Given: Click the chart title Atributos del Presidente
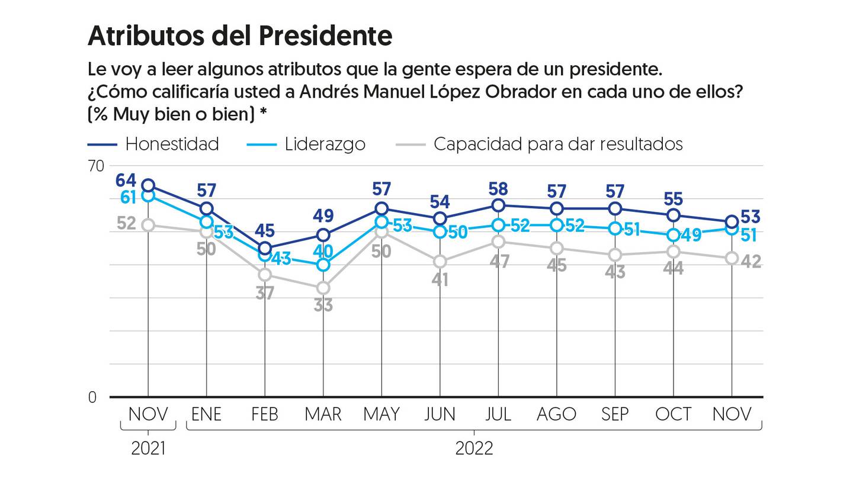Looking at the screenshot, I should pos(240,36).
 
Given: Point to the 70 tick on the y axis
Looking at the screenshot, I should pos(95,166).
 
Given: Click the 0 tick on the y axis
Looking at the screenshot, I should pos(92,397).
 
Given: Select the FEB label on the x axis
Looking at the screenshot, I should pos(264,414).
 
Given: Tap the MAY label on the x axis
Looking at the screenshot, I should pos(381,414).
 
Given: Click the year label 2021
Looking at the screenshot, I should pos(148,449).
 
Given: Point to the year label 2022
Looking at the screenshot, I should pos(474,449).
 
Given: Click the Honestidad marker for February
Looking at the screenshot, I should pos(265,249).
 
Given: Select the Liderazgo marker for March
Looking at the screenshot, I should pos(323,265).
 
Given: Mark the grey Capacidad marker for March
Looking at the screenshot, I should pos(323,288).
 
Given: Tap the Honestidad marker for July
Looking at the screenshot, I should pos(498,205).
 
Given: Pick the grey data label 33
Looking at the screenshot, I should pos(323,305).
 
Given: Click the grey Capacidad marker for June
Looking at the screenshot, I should pos(440,262).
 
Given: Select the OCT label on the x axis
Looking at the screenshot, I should pos(673,414).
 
